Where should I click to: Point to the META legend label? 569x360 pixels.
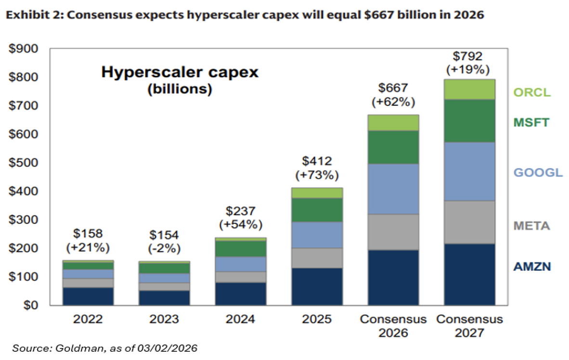531,226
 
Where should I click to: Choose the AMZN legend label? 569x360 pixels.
531,266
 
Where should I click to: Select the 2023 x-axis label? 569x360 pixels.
164,320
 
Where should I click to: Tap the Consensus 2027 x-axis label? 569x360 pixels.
469,325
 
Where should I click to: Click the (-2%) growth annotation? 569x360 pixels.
164,248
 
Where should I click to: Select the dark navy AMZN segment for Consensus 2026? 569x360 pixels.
393,277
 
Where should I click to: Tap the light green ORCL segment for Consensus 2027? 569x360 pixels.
469,89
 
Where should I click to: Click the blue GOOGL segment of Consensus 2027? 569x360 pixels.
469,171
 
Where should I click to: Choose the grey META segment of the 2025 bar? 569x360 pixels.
317,258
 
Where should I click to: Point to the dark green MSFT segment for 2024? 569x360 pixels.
241,248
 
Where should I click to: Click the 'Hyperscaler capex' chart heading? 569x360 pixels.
180,73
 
